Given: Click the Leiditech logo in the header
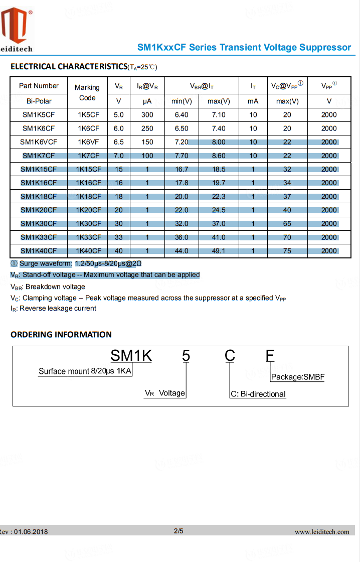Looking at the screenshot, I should (x=17, y=30).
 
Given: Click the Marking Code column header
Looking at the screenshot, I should (x=87, y=92).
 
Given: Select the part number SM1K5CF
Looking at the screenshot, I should (x=39, y=115).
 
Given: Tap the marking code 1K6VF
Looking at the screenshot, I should (x=88, y=142).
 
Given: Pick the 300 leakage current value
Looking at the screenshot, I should (x=147, y=115).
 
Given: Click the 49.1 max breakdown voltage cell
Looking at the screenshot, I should (x=219, y=251).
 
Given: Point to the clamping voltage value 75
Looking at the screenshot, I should (x=287, y=251).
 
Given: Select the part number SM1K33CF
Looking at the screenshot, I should (x=39, y=237).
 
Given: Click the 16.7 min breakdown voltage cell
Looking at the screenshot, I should (x=182, y=170).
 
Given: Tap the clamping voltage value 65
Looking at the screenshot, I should (x=287, y=224).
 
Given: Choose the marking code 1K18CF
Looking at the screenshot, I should (x=88, y=197).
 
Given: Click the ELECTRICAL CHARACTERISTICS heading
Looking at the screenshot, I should (x=69, y=67).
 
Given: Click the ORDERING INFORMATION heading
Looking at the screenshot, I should (x=61, y=335).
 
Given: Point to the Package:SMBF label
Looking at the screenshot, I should (x=298, y=377).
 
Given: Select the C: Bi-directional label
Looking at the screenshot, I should (x=258, y=394).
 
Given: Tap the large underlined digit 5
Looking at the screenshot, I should (x=186, y=356).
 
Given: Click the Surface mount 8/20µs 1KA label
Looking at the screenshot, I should (x=85, y=371).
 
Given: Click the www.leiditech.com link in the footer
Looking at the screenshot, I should (x=322, y=532).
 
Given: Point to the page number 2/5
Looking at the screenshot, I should (x=178, y=531).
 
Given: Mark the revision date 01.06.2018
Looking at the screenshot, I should (x=31, y=532).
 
